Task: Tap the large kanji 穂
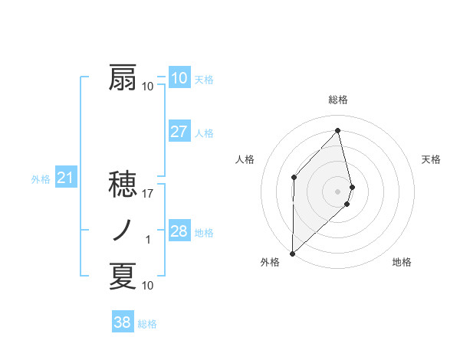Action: pos(123,185)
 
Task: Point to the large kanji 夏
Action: pos(123,277)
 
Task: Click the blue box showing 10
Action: pos(179,77)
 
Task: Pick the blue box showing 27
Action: pos(179,132)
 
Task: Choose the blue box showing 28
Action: pos(179,231)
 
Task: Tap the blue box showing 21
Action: pos(65,178)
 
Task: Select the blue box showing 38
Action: pos(122,322)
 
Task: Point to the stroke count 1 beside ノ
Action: pos(148,240)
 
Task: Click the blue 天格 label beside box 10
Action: pos(204,80)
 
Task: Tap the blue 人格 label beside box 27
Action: pos(204,133)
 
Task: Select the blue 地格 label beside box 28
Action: pos(204,233)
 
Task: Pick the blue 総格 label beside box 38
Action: pos(147,324)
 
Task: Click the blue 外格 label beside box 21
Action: pos(41,179)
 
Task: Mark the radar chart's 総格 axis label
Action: pos(338,100)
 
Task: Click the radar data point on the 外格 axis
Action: pos(292,253)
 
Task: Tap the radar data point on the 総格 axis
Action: pos(338,131)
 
